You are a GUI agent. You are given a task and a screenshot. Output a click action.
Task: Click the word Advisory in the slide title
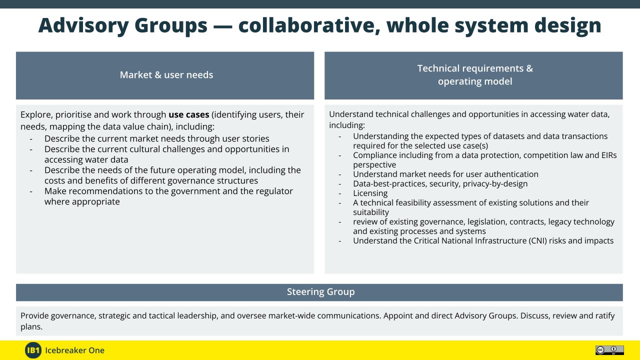point(83,25)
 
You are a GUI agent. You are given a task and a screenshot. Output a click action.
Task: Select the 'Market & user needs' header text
point(166,75)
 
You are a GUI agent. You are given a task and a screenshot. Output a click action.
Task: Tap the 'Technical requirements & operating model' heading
point(475,75)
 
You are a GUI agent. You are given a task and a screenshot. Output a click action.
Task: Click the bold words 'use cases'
point(189,114)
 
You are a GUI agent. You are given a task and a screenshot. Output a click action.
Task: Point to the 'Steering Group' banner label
point(320,291)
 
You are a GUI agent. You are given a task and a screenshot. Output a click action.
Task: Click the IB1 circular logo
point(33,350)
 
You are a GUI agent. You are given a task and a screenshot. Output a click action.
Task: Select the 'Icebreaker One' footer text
point(74,350)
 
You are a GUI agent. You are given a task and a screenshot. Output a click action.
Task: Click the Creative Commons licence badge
point(609,350)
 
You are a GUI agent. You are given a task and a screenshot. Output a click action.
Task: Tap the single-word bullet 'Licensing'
point(370,193)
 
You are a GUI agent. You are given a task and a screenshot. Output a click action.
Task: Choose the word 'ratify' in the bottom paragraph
point(605,315)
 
